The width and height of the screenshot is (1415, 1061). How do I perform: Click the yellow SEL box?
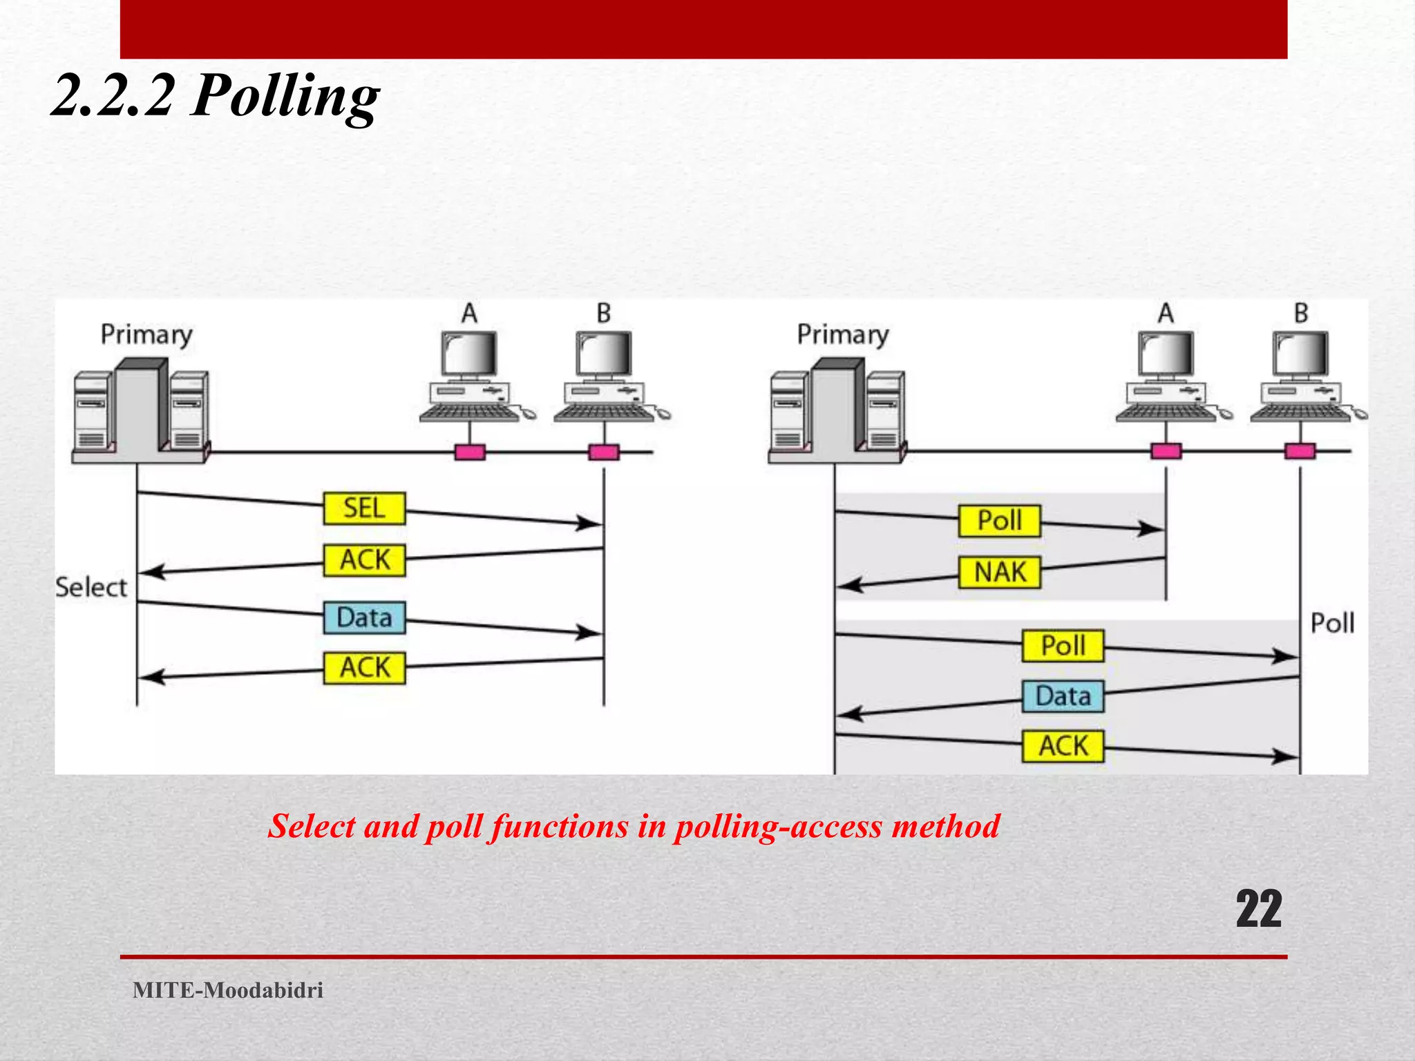[x=364, y=508]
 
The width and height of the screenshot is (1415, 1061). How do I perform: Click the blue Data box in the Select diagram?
[x=364, y=618]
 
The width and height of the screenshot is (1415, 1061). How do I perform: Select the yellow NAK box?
[x=999, y=573]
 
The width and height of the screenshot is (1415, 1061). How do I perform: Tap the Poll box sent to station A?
[x=999, y=521]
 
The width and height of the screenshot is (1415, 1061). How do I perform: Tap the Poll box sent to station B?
[x=1063, y=647]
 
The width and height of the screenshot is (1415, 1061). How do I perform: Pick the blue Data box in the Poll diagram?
[x=1063, y=696]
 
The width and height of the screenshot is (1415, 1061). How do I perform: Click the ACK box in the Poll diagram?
[x=1063, y=747]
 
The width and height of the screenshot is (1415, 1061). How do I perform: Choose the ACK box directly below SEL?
[x=364, y=560]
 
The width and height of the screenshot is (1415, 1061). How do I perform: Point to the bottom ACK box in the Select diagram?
[x=364, y=669]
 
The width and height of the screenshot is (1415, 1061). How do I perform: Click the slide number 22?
[x=1258, y=910]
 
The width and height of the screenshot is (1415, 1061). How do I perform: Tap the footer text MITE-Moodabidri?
[x=228, y=991]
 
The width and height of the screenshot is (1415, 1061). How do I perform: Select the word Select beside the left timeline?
[x=91, y=588]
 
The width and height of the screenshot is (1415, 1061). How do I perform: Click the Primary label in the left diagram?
[x=146, y=335]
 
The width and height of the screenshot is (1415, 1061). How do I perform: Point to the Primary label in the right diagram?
[x=843, y=335]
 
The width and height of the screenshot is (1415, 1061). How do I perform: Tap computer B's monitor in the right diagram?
[x=1301, y=354]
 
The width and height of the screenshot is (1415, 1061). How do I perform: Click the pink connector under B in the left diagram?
[x=604, y=452]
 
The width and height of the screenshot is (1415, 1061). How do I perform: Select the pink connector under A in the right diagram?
[x=1166, y=452]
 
